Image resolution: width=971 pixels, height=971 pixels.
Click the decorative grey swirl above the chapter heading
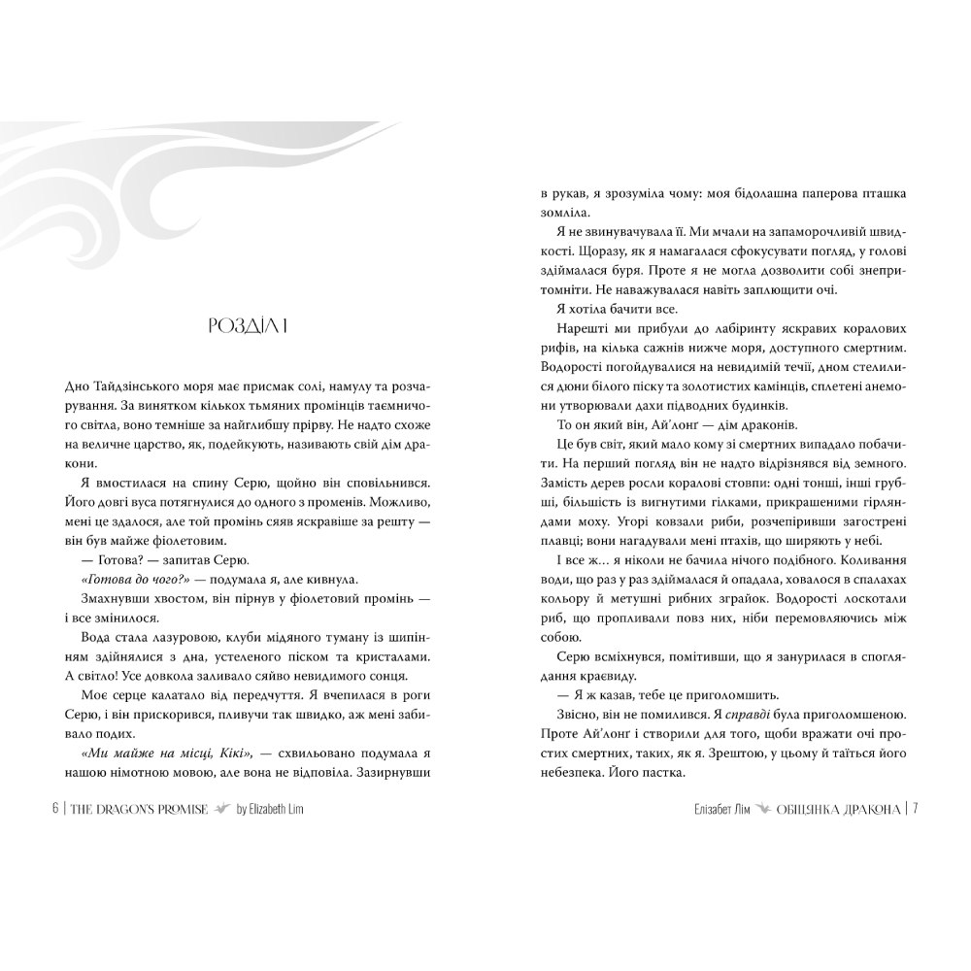click(x=194, y=175)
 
